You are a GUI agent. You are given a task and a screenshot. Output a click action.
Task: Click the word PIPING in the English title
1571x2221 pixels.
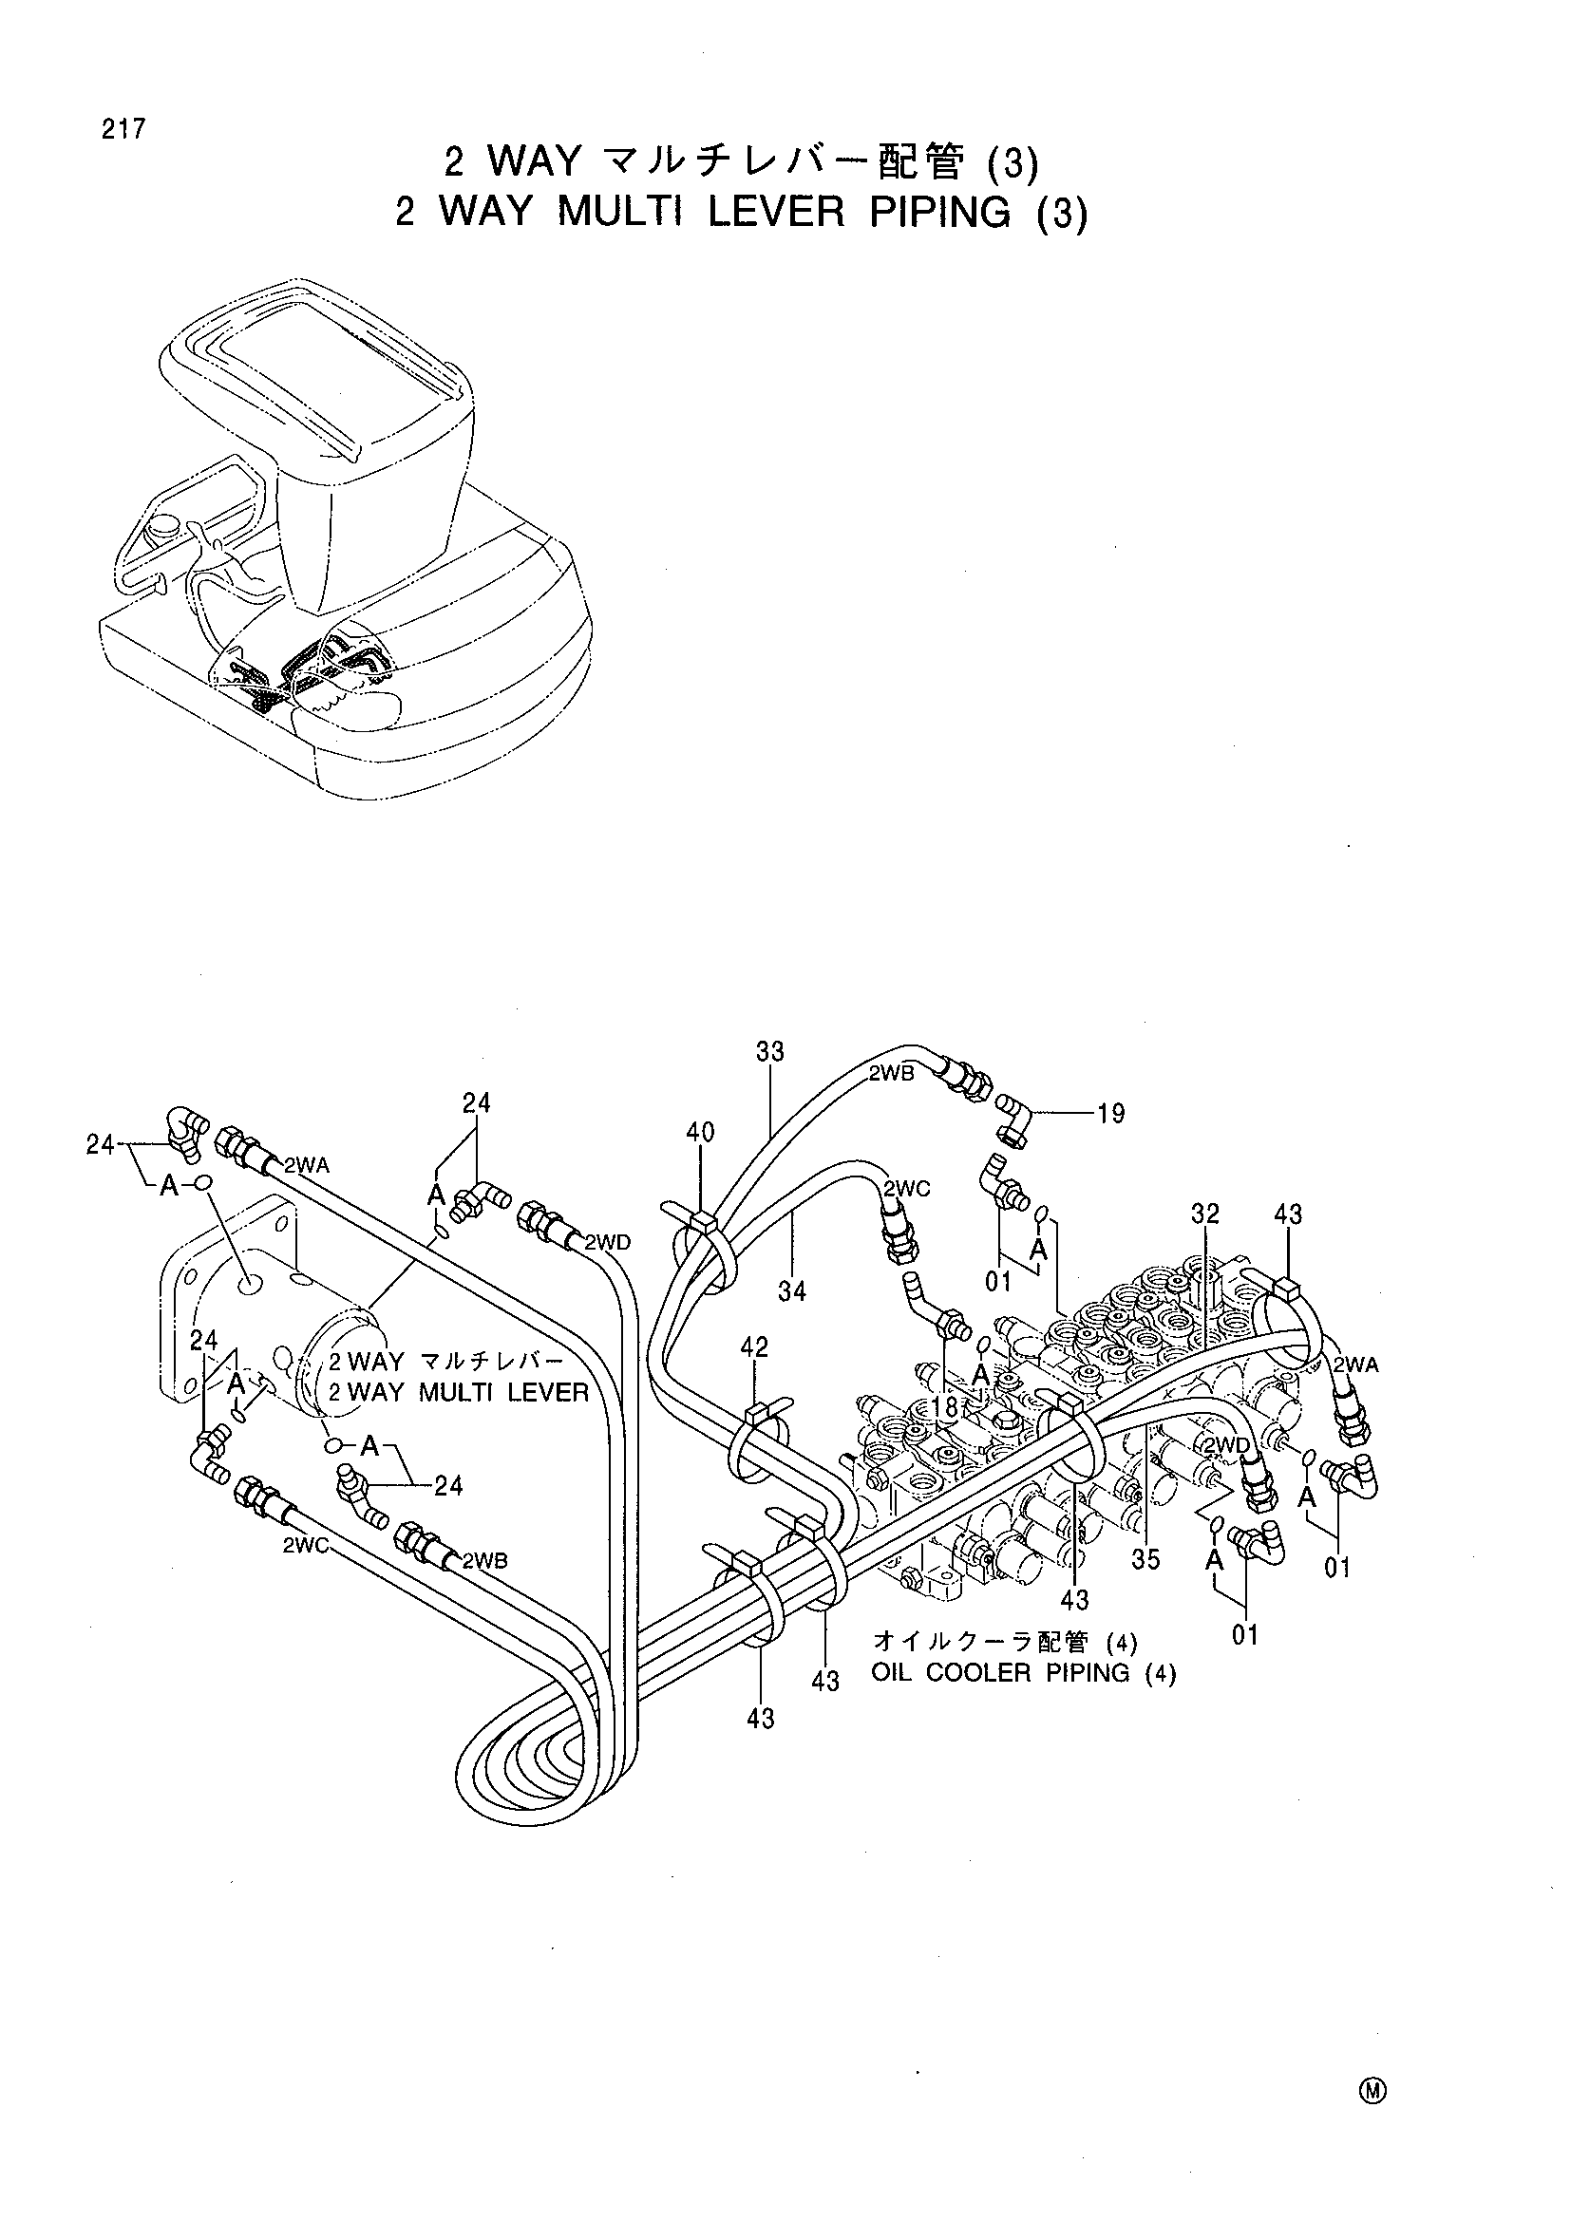(x=939, y=212)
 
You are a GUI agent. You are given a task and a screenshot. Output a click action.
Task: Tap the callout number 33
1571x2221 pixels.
(x=770, y=1051)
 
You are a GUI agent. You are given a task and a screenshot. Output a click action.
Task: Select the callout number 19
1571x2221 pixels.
(x=1111, y=1114)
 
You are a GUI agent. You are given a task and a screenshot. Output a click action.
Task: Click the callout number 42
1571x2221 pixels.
(x=754, y=1346)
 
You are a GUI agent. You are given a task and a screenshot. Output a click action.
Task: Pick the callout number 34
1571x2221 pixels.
(x=792, y=1290)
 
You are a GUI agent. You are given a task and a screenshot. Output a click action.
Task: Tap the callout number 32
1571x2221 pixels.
(x=1205, y=1214)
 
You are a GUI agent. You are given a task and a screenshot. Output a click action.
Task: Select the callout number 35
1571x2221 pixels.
(x=1145, y=1559)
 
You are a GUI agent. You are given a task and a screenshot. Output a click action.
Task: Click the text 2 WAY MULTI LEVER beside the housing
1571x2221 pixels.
(x=459, y=1393)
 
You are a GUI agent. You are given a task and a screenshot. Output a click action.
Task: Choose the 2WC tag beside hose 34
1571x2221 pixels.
(x=906, y=1189)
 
